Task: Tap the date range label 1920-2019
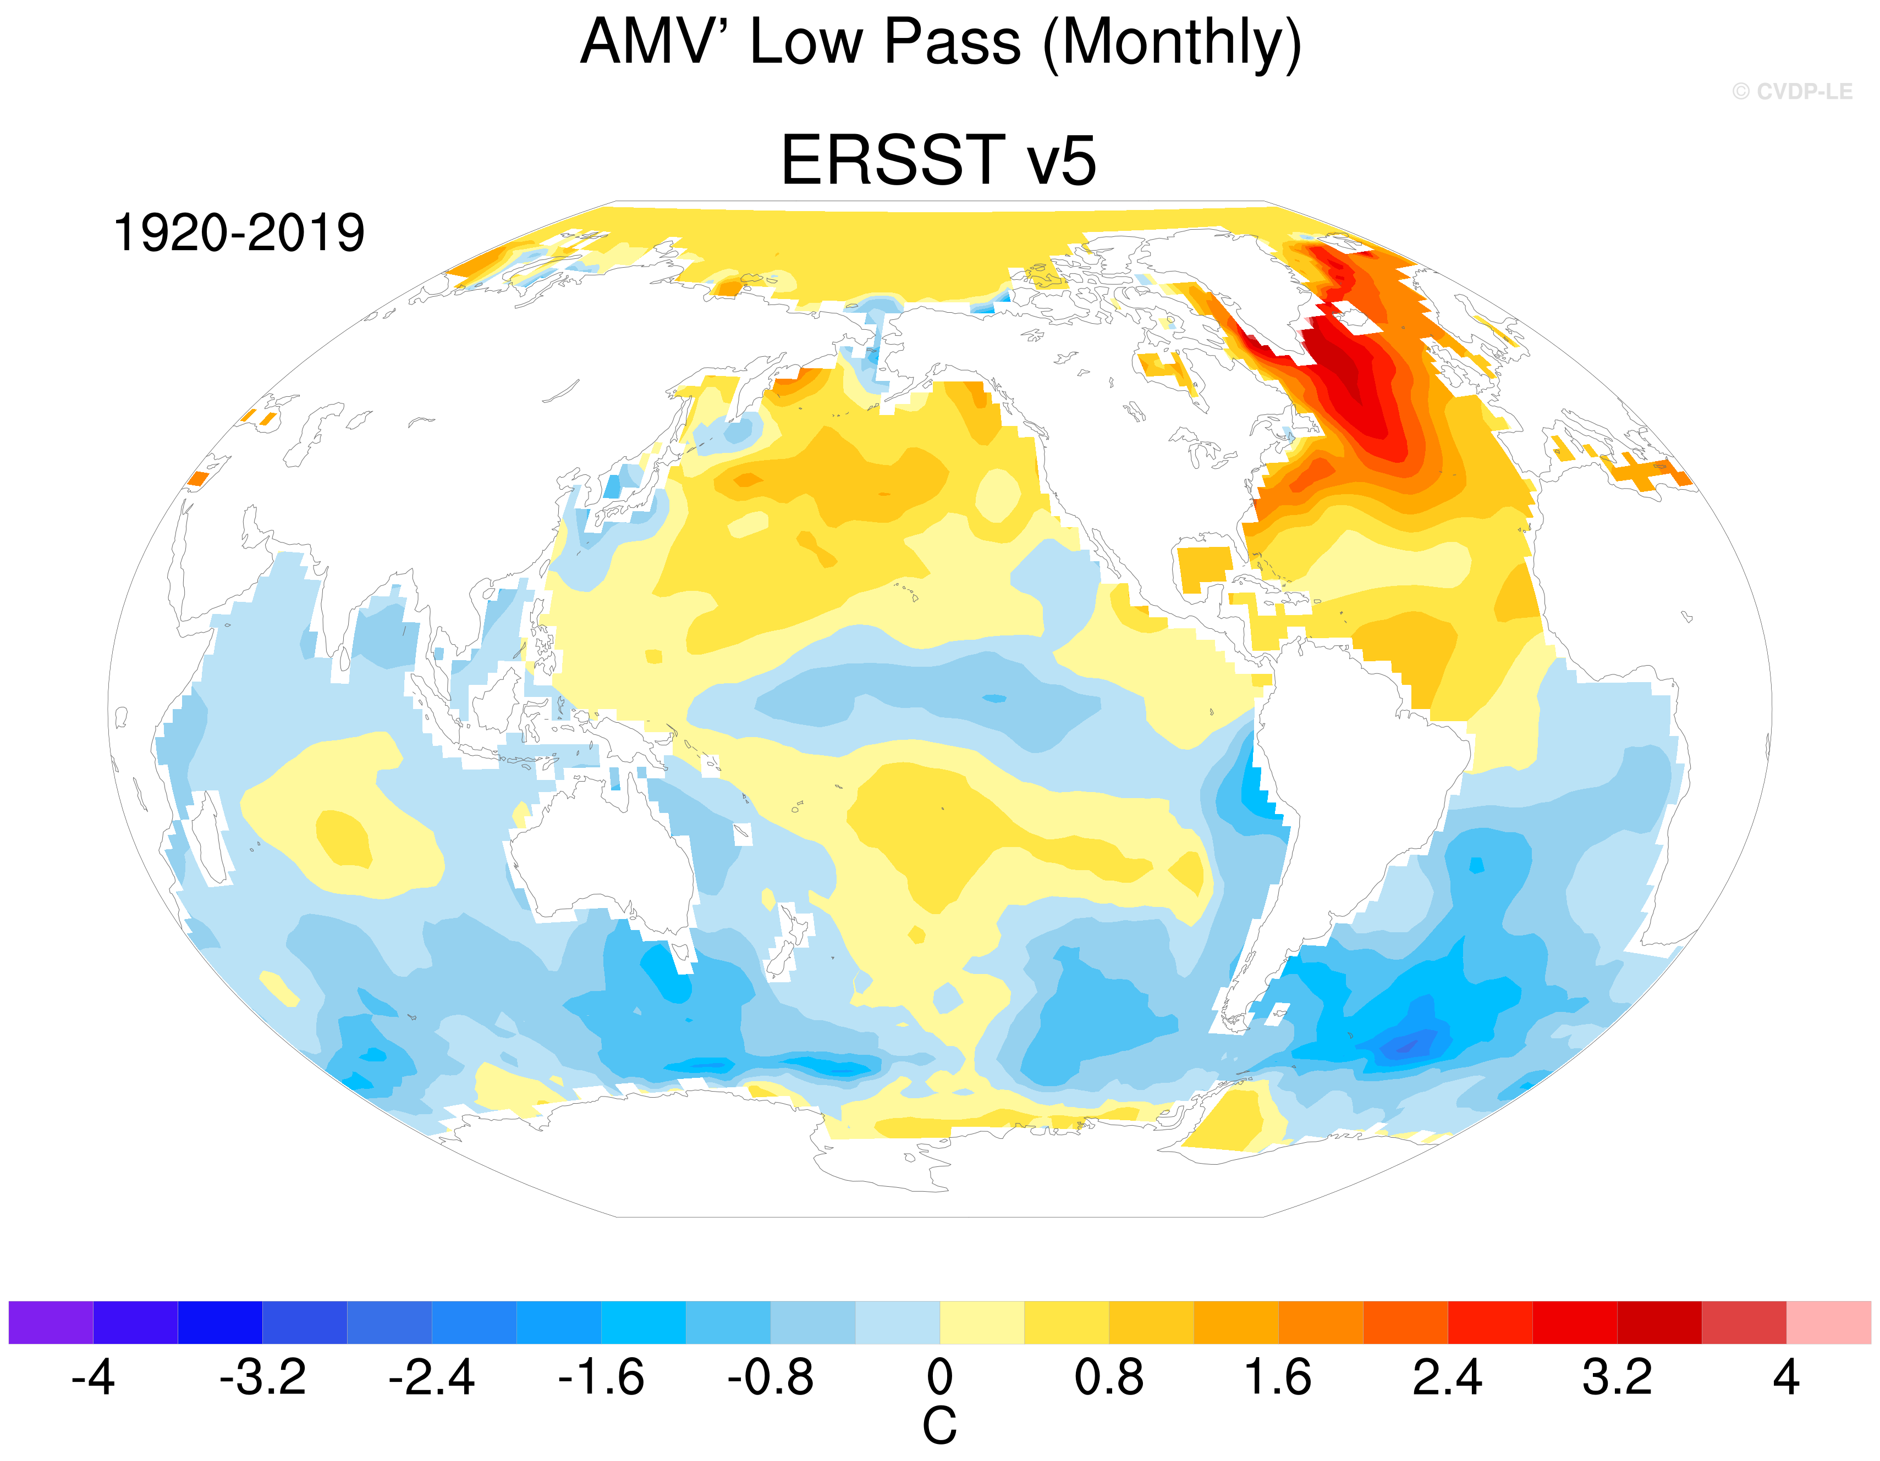point(239,233)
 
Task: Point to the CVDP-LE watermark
point(1792,91)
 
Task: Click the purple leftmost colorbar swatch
point(51,1322)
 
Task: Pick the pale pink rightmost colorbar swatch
point(1829,1322)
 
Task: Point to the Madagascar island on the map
point(211,839)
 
